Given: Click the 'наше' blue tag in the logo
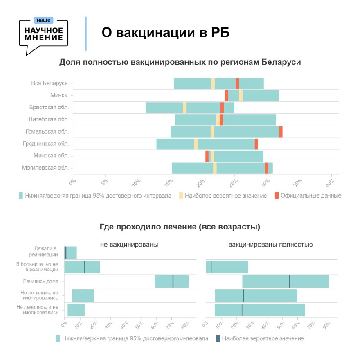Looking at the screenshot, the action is pos(44,20).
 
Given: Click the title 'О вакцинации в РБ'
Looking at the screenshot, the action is pos(166,32).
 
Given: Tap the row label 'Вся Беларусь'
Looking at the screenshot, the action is pos(49,83).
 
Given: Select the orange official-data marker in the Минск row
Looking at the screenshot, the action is pos(226,95).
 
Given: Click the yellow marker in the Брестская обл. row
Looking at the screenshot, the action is pos(184,108).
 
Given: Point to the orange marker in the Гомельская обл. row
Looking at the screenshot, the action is pos(280,132).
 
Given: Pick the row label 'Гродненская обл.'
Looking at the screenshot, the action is pos(46,144).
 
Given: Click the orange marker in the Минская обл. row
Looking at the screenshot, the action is pos(207,156).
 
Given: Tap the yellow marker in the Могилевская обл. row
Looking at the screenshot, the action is pos(215,168).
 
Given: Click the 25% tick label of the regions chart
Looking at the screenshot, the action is pos(233,183).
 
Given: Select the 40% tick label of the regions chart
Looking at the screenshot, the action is pos(330,183).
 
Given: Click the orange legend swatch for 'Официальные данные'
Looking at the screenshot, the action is pos(277,196).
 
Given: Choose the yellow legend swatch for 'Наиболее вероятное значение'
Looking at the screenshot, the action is pos(181,196).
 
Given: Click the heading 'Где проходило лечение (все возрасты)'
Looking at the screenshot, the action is pos(180,227).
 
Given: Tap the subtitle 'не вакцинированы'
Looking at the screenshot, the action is pos(129,245).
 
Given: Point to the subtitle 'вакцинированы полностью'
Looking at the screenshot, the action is pos(271,245).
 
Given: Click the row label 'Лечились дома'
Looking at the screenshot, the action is pos(40,281).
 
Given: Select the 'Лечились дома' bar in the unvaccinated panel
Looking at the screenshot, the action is pos(172,281).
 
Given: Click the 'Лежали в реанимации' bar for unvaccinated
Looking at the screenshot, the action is pos(71,252).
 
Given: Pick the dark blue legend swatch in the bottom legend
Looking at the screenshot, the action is pos(218,338).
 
